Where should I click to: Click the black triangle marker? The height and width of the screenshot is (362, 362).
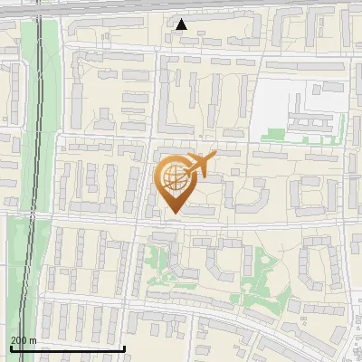pos(182,24)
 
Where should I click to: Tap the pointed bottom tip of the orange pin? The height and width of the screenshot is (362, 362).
pos(173,214)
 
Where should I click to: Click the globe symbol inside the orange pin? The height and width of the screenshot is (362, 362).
pos(174,178)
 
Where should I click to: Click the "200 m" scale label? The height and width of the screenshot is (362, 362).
pos(23,340)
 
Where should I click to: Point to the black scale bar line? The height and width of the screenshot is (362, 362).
pos(68,348)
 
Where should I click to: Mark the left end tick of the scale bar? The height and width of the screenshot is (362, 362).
pos(11,346)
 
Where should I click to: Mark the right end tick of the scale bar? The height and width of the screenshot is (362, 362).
pos(125,346)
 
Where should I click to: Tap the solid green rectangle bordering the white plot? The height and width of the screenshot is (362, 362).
pos(281,137)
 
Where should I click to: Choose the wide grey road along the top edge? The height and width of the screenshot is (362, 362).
pos(181,5)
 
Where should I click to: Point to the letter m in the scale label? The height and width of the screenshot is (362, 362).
pos(33,340)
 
